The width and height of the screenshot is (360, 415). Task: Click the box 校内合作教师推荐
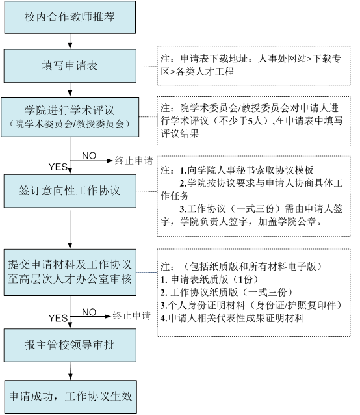pyautogui.click(x=70, y=17)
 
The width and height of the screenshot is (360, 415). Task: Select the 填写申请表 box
pyautogui.click(x=70, y=66)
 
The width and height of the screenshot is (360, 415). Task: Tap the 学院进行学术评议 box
pyautogui.click(x=70, y=117)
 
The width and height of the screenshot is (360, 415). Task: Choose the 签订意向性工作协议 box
pyautogui.click(x=70, y=191)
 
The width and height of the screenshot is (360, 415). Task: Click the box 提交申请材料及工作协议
pyautogui.click(x=70, y=273)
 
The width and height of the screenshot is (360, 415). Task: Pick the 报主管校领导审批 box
pyautogui.click(x=70, y=345)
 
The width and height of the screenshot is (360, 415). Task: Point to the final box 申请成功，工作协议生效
pyautogui.click(x=71, y=397)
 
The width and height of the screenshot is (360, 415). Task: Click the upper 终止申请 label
pyautogui.click(x=134, y=161)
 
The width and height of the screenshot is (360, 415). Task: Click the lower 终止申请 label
pyautogui.click(x=132, y=315)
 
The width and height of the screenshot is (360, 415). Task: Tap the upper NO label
pyautogui.click(x=89, y=155)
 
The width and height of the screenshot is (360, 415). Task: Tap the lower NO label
pyautogui.click(x=89, y=312)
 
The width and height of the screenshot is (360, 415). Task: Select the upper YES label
pyautogui.click(x=58, y=167)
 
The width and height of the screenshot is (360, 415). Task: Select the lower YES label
pyautogui.click(x=58, y=318)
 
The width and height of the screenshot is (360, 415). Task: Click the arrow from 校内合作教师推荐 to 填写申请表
pyautogui.click(x=70, y=41)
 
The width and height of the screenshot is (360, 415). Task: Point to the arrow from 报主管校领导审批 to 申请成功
pyautogui.click(x=70, y=371)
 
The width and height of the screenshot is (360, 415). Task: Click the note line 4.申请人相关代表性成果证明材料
pyautogui.click(x=232, y=318)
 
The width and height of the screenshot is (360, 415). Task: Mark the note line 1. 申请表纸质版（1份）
pyautogui.click(x=209, y=279)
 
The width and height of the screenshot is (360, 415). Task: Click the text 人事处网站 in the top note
pyautogui.click(x=281, y=59)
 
